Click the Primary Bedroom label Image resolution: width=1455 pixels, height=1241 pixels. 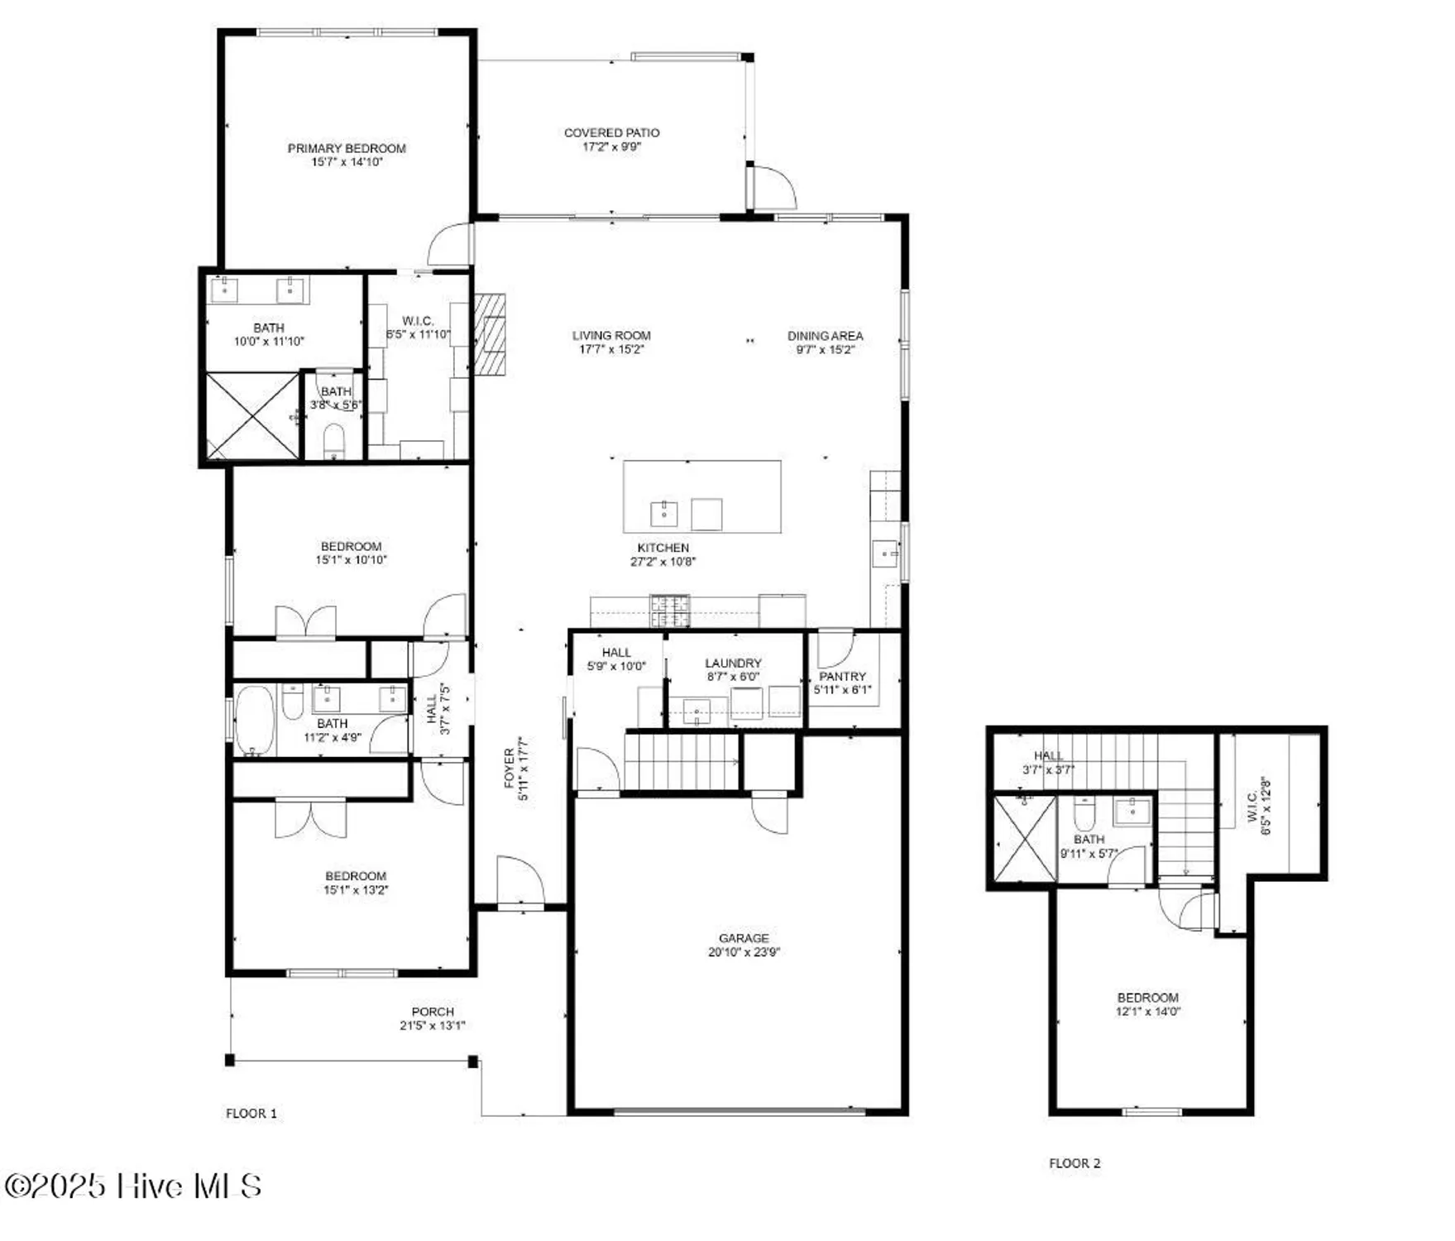(347, 148)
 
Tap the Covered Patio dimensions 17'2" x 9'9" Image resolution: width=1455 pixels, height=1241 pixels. (611, 147)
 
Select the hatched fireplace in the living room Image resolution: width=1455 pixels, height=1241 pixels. (490, 333)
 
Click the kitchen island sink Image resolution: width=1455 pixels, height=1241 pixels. (664, 513)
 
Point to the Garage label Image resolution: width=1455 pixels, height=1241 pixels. (744, 938)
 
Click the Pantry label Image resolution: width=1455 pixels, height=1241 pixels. (842, 676)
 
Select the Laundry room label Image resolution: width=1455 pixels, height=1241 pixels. (733, 663)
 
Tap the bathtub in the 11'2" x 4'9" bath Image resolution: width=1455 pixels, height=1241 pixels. (254, 721)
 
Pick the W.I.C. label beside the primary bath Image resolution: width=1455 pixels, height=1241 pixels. (418, 321)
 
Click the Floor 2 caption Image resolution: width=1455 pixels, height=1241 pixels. (1074, 1163)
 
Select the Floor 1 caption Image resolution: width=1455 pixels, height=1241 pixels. (251, 1114)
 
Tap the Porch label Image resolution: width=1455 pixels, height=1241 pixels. (433, 1012)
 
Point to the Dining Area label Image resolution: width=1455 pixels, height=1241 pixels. (825, 336)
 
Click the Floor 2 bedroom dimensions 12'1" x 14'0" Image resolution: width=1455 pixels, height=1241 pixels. (1148, 1011)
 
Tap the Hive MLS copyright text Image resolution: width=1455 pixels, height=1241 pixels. (132, 1186)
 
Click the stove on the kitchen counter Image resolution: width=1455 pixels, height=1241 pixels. (670, 611)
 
